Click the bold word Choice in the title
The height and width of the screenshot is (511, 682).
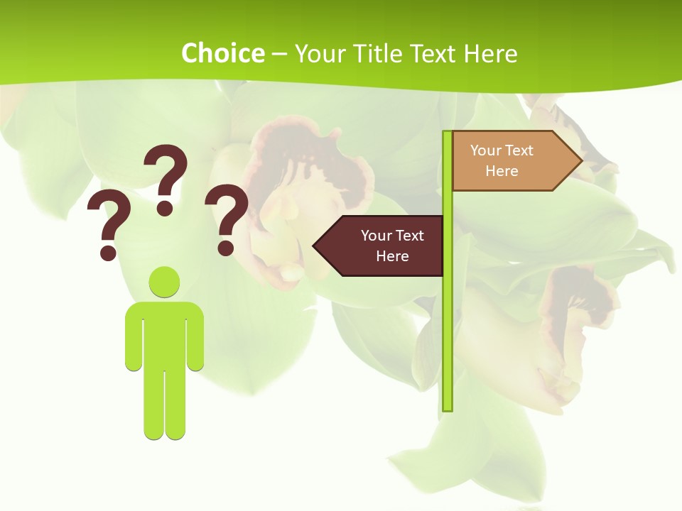pyautogui.click(x=222, y=53)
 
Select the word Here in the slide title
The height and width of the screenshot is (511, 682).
pyautogui.click(x=490, y=53)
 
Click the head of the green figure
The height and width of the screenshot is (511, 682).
pyautogui.click(x=164, y=282)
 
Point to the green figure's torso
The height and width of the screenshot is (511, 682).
pyautogui.click(x=164, y=334)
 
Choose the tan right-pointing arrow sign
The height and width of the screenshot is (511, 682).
pyautogui.click(x=508, y=160)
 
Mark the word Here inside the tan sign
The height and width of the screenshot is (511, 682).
pyautogui.click(x=502, y=171)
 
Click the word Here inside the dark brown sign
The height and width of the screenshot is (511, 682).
pyautogui.click(x=392, y=256)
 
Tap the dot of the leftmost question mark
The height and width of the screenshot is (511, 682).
pyautogui.click(x=108, y=251)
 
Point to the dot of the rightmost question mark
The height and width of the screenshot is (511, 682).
pyautogui.click(x=225, y=247)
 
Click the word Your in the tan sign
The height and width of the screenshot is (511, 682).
pyautogui.click(x=486, y=150)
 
